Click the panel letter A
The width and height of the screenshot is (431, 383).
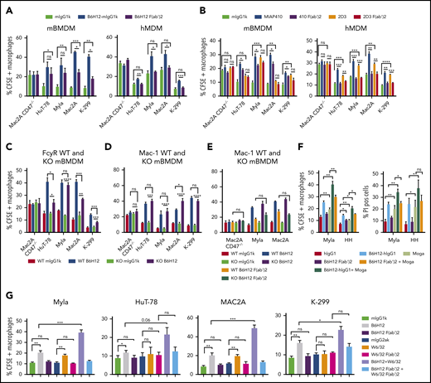click(6, 6)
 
